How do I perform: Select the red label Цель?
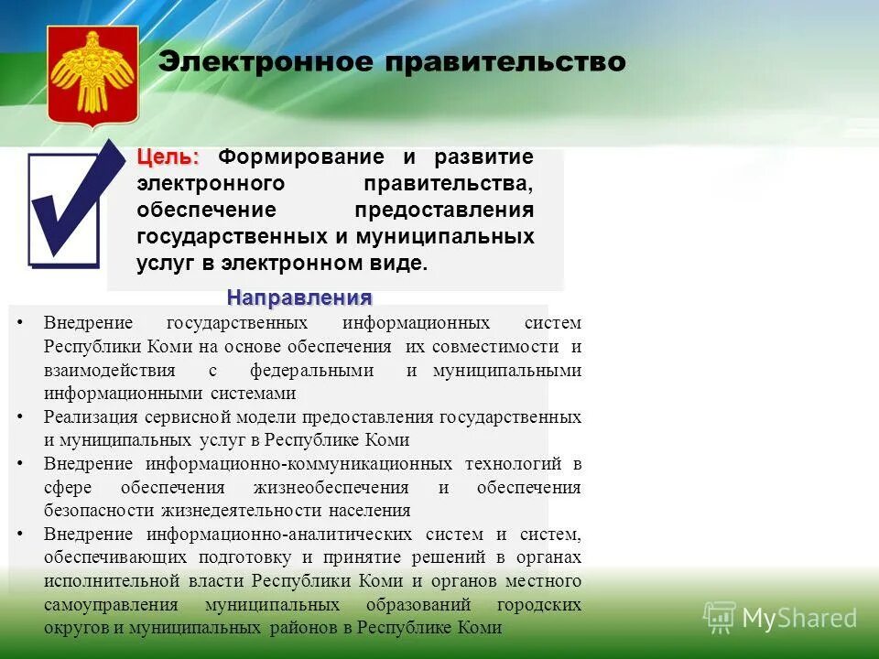(168, 157)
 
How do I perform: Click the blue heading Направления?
(299, 297)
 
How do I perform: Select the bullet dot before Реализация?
(20, 417)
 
